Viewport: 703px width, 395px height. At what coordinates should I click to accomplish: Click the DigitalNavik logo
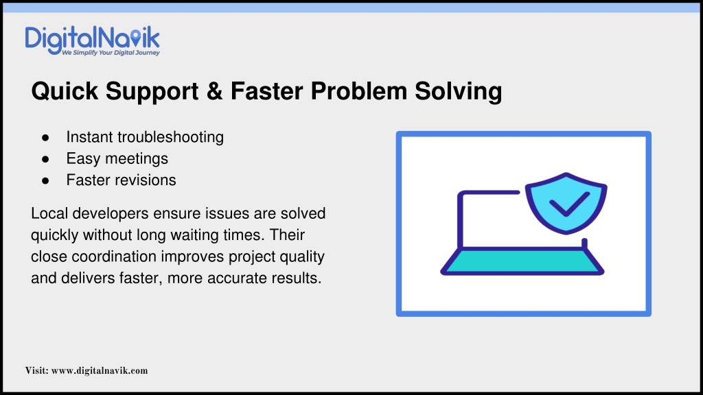(93, 40)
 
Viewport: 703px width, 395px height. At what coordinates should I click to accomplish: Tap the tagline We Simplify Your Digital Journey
(111, 53)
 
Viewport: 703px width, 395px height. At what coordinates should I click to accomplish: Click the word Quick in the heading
(65, 91)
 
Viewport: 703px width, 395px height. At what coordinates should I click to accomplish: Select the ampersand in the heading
(214, 91)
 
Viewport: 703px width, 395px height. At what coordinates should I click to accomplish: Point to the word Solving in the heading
(458, 92)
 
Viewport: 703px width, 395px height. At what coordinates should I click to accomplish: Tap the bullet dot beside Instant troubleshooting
(45, 138)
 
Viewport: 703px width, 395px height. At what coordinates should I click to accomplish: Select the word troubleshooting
(170, 137)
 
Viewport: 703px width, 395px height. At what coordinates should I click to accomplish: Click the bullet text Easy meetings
(117, 159)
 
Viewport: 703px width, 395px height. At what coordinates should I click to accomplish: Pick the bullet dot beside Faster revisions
(45, 181)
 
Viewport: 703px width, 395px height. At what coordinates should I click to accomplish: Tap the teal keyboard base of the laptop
(522, 261)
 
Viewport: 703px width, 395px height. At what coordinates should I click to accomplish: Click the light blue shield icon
(566, 203)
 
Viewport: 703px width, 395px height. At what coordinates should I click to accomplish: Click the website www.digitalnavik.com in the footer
(100, 371)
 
